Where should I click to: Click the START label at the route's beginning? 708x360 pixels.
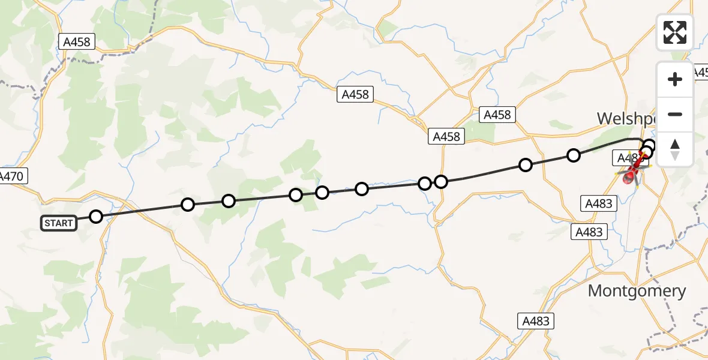coord(58,223)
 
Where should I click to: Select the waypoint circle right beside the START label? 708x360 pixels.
coord(96,217)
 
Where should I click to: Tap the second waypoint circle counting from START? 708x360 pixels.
coord(188,205)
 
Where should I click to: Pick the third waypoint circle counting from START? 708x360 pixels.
coord(229,200)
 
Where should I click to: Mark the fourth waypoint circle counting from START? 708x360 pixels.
coord(295,195)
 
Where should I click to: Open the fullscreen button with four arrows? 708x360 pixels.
coord(675,32)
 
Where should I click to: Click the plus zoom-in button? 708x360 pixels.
coord(675,79)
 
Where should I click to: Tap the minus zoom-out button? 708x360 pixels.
coord(675,114)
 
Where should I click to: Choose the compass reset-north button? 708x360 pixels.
coord(675,149)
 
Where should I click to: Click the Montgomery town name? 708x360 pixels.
coord(637,291)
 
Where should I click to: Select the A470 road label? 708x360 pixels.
coord(12,176)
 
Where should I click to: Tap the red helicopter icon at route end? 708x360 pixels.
coord(632,175)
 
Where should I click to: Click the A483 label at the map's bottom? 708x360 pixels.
coord(535,321)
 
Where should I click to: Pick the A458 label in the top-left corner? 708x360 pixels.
coord(77,41)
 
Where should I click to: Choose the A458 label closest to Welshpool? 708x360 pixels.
coord(497,115)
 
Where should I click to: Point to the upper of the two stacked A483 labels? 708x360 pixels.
coord(598,203)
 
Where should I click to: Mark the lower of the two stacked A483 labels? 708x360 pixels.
coord(588,232)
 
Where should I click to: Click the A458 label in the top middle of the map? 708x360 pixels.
coord(355,94)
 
